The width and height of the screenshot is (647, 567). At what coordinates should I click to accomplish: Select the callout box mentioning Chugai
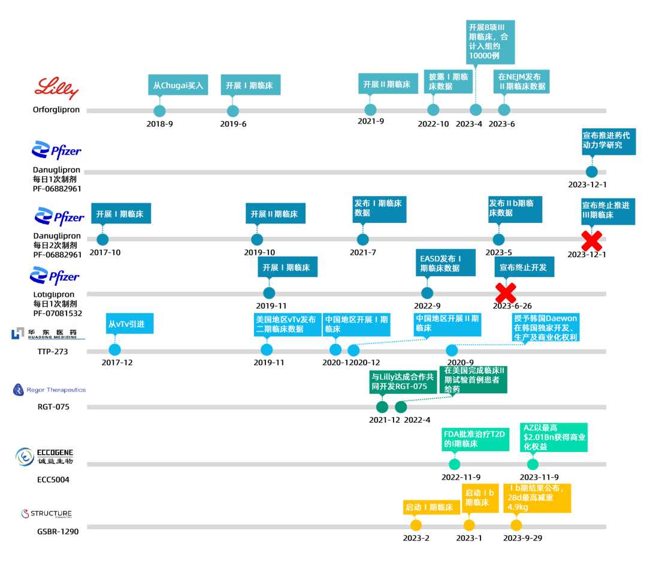tap(178, 85)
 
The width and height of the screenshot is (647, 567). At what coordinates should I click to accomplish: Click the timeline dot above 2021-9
tap(370, 110)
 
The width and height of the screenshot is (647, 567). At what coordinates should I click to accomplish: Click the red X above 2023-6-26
tap(506, 292)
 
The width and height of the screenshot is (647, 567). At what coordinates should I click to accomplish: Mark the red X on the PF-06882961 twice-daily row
tap(592, 240)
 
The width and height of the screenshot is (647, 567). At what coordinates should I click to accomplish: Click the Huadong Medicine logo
tap(47, 333)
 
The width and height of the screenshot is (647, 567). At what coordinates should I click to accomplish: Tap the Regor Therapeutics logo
tap(49, 390)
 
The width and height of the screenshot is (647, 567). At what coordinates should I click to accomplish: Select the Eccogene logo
tap(45, 456)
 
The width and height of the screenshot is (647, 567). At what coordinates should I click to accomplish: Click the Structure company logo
tap(47, 514)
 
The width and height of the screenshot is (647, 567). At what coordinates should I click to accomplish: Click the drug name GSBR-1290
tap(56, 531)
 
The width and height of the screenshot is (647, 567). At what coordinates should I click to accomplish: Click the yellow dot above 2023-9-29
tap(516, 525)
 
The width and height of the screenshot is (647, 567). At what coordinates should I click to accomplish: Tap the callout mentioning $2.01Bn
tap(553, 437)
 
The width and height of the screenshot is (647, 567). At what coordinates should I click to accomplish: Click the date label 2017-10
tap(105, 252)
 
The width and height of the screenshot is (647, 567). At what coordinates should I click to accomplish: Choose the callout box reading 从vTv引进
tap(129, 324)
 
